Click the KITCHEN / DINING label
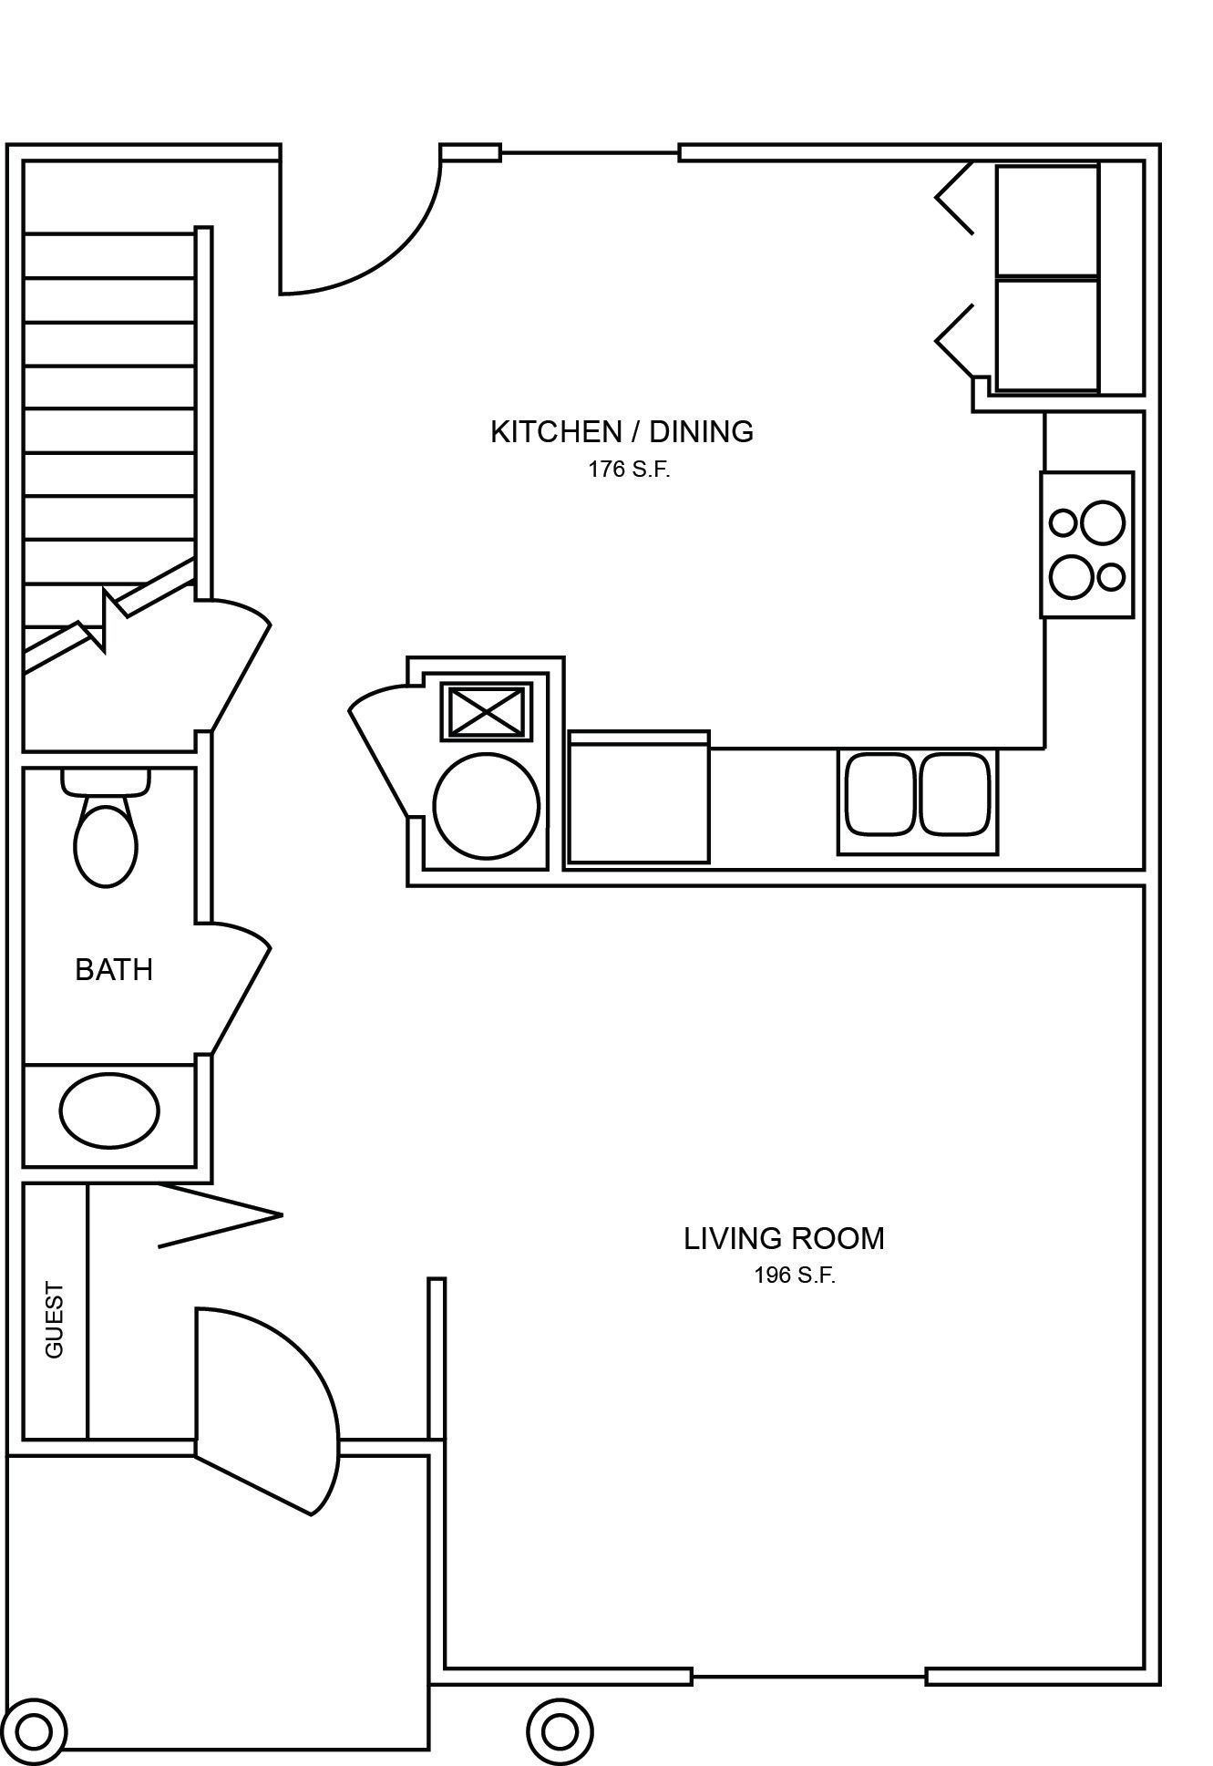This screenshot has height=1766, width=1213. [x=622, y=432]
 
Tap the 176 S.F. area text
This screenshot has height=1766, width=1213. [x=629, y=470]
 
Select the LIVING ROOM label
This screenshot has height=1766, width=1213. [x=784, y=1239]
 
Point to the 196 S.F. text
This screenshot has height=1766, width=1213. [x=794, y=1275]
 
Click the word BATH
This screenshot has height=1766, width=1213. [x=114, y=970]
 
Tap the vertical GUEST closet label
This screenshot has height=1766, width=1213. [x=55, y=1320]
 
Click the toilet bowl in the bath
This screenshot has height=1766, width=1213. [x=106, y=845]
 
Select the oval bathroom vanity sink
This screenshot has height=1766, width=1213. [x=109, y=1110]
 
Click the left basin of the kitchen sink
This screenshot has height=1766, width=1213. [x=879, y=793]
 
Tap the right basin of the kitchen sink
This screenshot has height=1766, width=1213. [x=954, y=793]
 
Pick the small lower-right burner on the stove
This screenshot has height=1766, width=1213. [x=1111, y=577]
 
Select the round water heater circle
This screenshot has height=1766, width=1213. [x=486, y=806]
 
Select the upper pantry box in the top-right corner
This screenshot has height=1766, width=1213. [x=1046, y=221]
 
